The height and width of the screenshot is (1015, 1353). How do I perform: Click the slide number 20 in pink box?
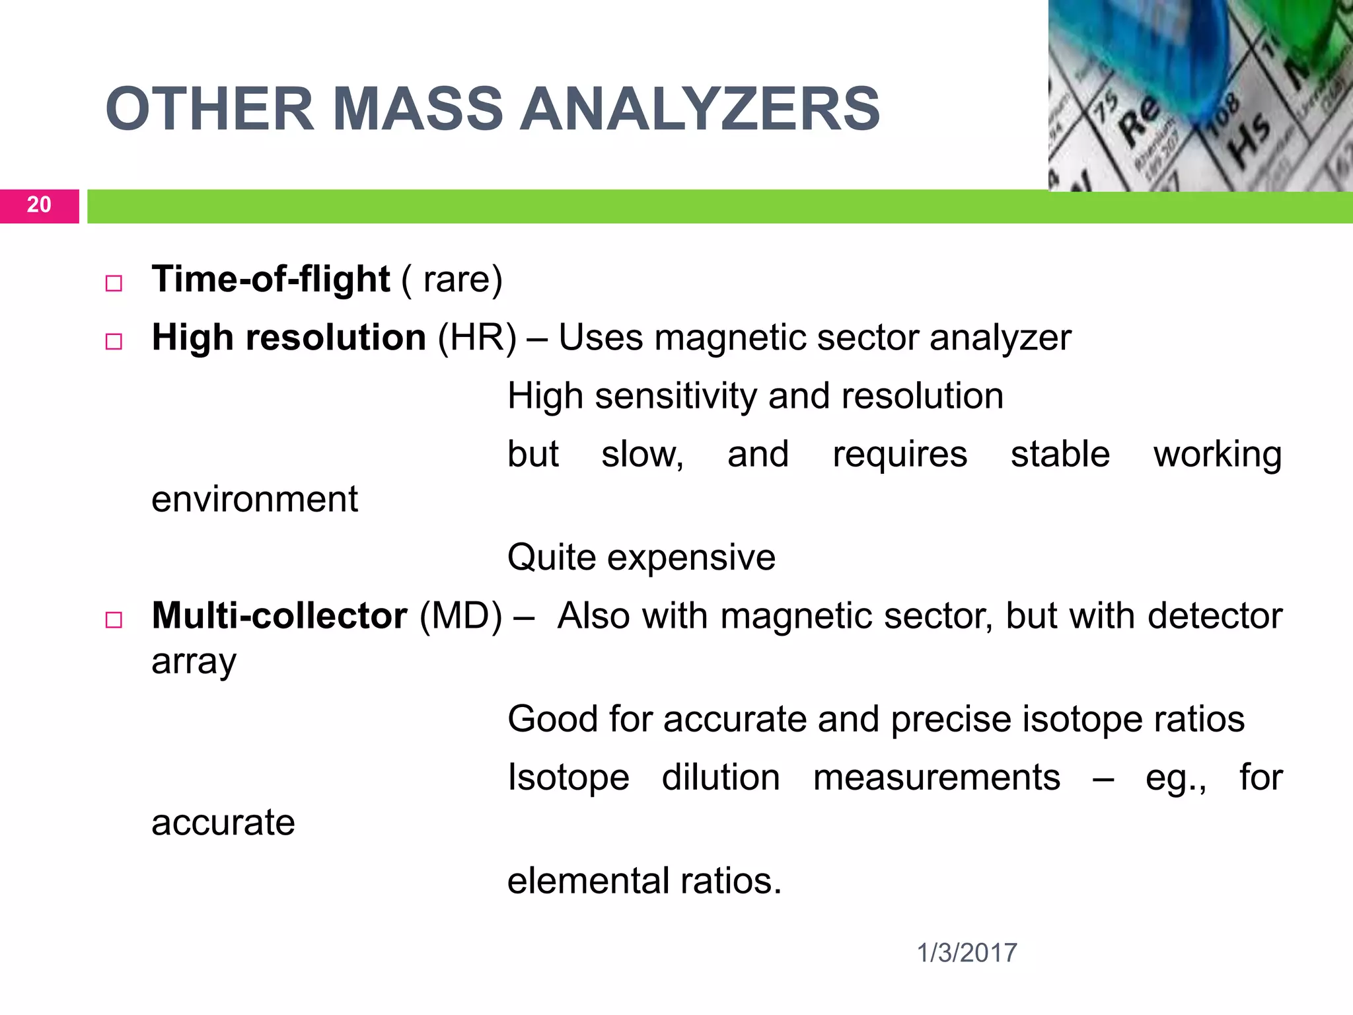click(39, 206)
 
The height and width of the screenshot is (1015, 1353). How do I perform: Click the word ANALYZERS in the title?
click(700, 110)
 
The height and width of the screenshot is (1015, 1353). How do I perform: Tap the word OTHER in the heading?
click(209, 110)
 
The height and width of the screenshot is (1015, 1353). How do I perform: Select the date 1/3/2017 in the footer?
click(967, 953)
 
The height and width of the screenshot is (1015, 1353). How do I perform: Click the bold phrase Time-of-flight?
click(271, 279)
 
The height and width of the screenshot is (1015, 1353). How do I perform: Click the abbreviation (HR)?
click(477, 338)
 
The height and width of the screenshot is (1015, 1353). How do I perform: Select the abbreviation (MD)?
click(461, 617)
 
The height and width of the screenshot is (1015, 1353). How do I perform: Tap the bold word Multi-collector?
click(279, 616)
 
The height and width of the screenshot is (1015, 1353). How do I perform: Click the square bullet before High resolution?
click(114, 342)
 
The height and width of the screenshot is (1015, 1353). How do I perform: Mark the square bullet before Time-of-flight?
click(114, 283)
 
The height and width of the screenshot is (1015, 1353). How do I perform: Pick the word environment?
click(254, 499)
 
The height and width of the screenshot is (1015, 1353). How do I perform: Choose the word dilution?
click(720, 777)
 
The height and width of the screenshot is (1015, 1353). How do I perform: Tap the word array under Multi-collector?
click(194, 662)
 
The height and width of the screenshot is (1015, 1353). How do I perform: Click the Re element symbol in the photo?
click(1138, 119)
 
